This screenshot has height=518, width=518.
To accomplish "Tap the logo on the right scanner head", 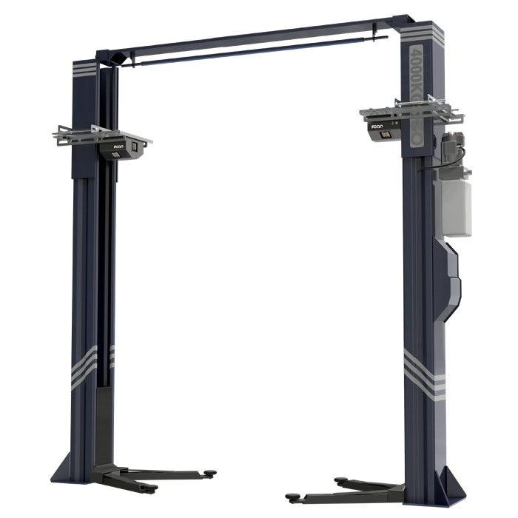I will pos(377,127).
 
